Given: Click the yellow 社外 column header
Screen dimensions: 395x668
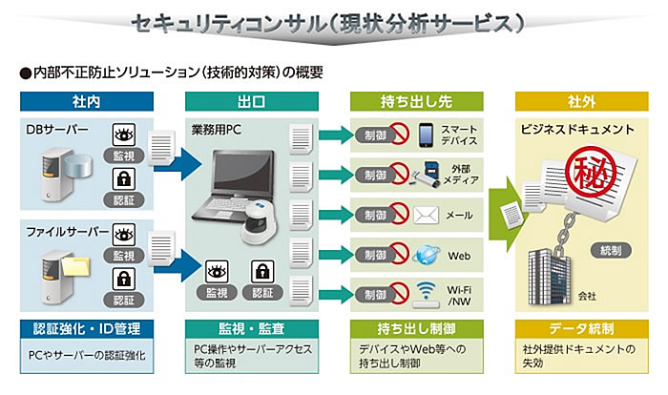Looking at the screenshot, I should pos(580,100).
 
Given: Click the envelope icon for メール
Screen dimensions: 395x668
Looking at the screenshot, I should pos(426,215).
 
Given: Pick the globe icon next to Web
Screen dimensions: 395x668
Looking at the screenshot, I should pos(425,255).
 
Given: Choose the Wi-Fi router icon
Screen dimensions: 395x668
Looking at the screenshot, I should pos(426,296).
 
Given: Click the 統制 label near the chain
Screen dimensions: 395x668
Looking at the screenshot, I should pos(612,250).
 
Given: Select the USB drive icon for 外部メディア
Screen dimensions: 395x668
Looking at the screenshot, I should pos(425,175).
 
